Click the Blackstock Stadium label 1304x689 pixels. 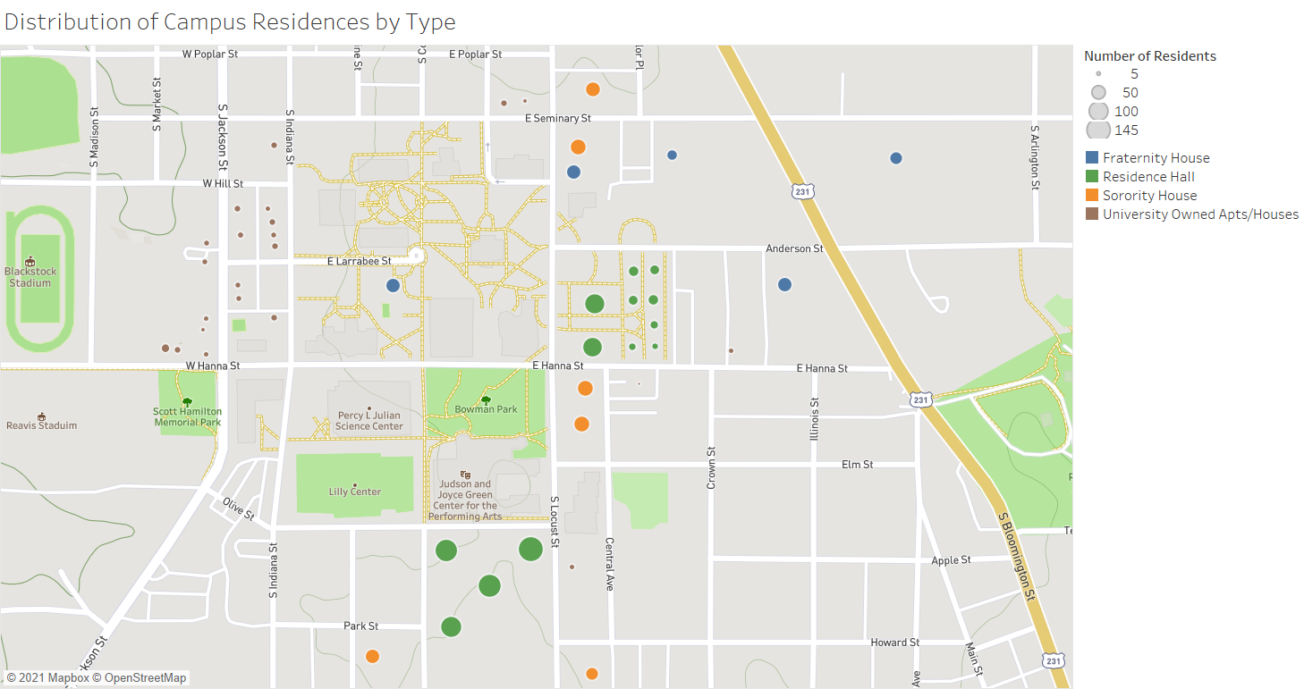coord(30,277)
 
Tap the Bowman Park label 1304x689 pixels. coord(486,409)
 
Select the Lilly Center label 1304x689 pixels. coord(355,492)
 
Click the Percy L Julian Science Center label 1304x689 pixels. coord(369,421)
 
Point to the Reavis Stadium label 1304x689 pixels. coord(42,425)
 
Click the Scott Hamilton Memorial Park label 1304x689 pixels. coord(187,417)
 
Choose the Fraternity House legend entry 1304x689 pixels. coord(1156,158)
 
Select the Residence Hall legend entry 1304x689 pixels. coord(1148,177)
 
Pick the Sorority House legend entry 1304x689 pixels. coord(1149,196)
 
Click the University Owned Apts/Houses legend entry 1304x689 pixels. coord(1200,214)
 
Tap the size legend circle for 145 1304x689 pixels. coord(1098,130)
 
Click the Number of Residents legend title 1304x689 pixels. coord(1150,56)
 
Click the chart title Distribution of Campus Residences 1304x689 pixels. coord(230,22)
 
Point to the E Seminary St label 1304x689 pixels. coord(558,118)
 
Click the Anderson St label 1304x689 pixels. coord(794,248)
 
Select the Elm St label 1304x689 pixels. coord(857,465)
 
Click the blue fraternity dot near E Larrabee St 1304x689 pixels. coord(393,286)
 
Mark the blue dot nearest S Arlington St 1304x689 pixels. coord(896,158)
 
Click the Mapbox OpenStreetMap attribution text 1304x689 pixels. coord(97,678)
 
